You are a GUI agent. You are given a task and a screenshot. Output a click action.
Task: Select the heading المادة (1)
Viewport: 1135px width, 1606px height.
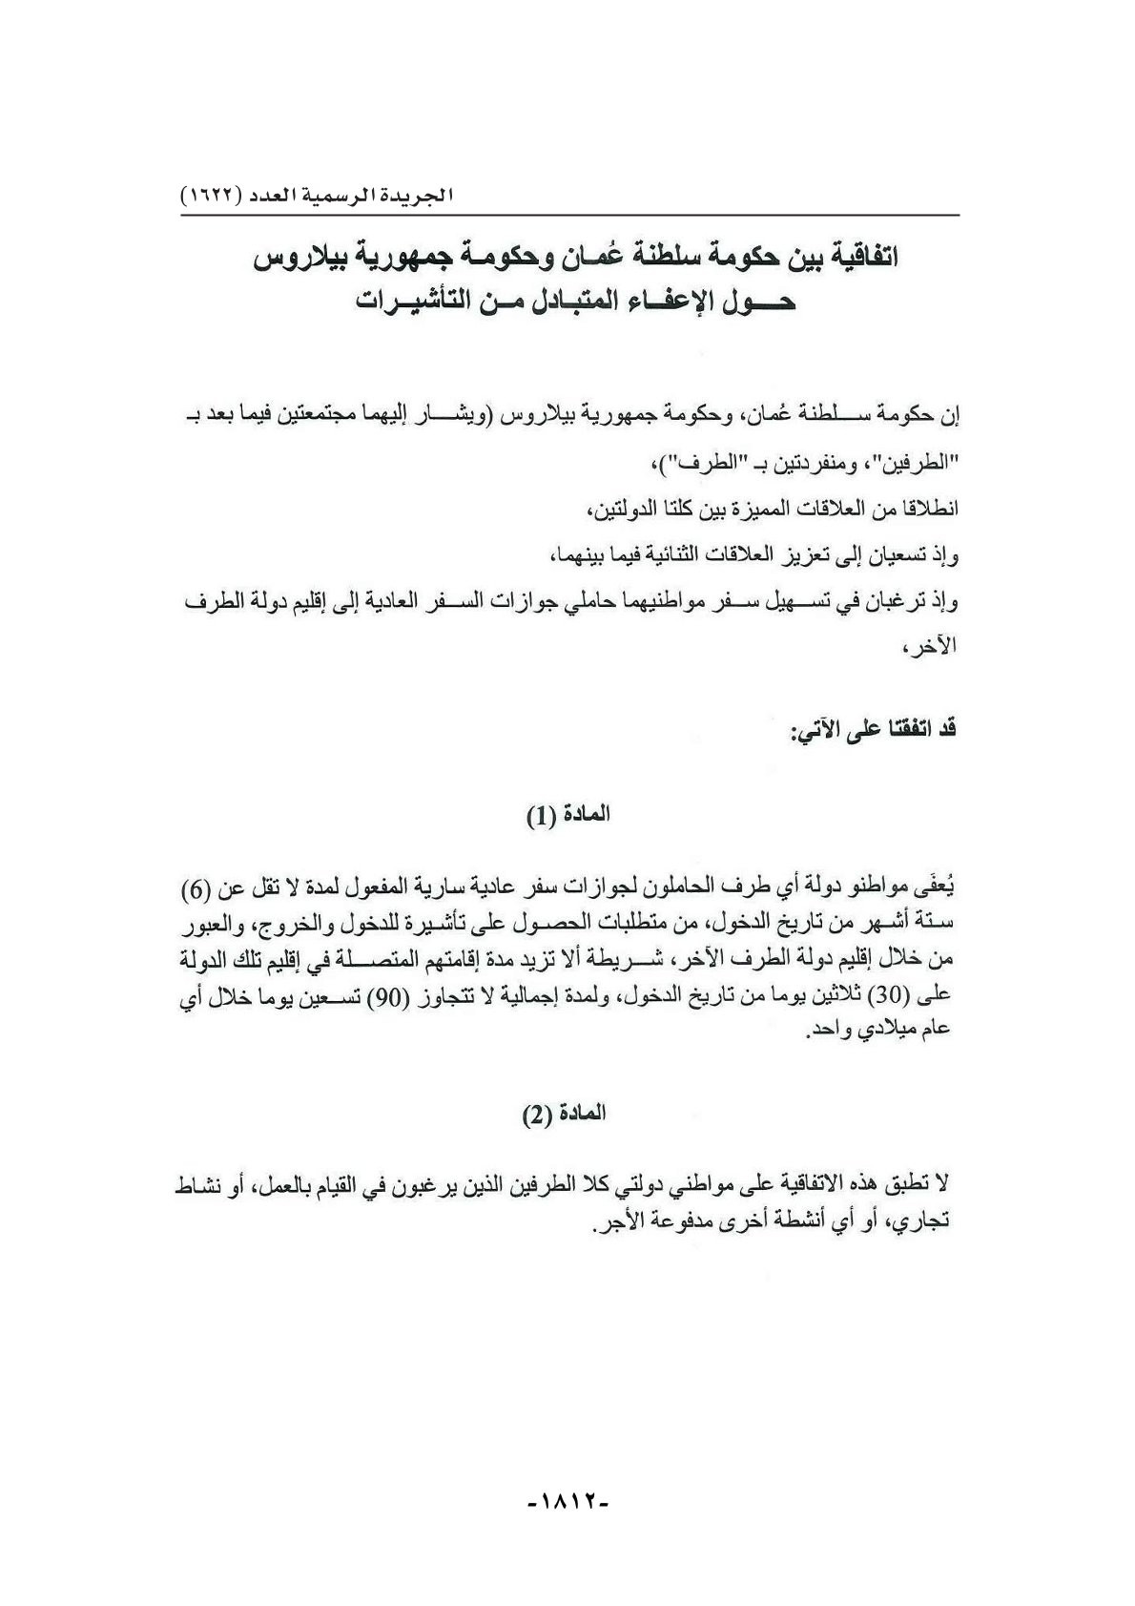coord(567,816)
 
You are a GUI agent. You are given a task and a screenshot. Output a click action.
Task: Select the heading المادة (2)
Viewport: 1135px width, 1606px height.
coord(567,1114)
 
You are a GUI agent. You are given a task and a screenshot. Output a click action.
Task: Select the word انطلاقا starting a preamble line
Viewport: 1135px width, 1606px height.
coord(923,511)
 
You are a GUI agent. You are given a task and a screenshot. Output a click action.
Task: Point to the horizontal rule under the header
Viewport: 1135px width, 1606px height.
coord(569,216)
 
